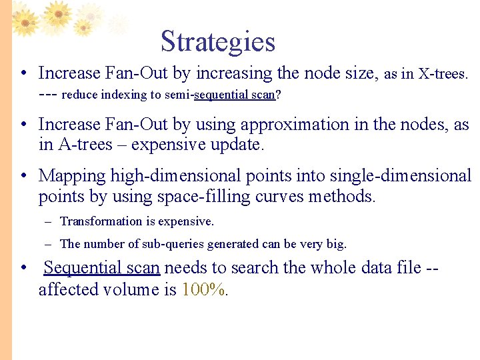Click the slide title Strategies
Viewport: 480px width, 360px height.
tap(218, 41)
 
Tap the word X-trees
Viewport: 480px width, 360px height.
tap(443, 73)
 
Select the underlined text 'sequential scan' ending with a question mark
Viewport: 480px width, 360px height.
tap(234, 95)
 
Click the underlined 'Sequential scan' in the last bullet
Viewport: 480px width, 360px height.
tap(101, 268)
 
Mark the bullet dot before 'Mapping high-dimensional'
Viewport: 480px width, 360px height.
tap(23, 177)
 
